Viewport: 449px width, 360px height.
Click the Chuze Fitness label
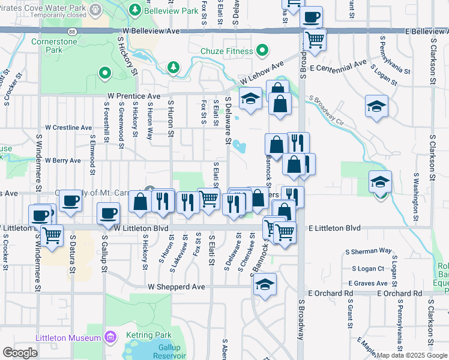(227, 51)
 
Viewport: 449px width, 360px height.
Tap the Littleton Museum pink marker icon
(110, 338)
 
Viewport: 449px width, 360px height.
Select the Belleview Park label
(173, 11)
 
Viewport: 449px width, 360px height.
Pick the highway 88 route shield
(72, 30)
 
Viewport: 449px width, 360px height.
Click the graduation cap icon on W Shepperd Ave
(264, 286)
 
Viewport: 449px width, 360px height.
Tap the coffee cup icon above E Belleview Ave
(311, 17)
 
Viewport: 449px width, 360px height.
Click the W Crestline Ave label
(69, 128)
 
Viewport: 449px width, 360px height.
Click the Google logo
(20, 352)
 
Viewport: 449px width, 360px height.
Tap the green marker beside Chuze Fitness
(262, 50)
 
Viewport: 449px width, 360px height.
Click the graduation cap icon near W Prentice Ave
(250, 99)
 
